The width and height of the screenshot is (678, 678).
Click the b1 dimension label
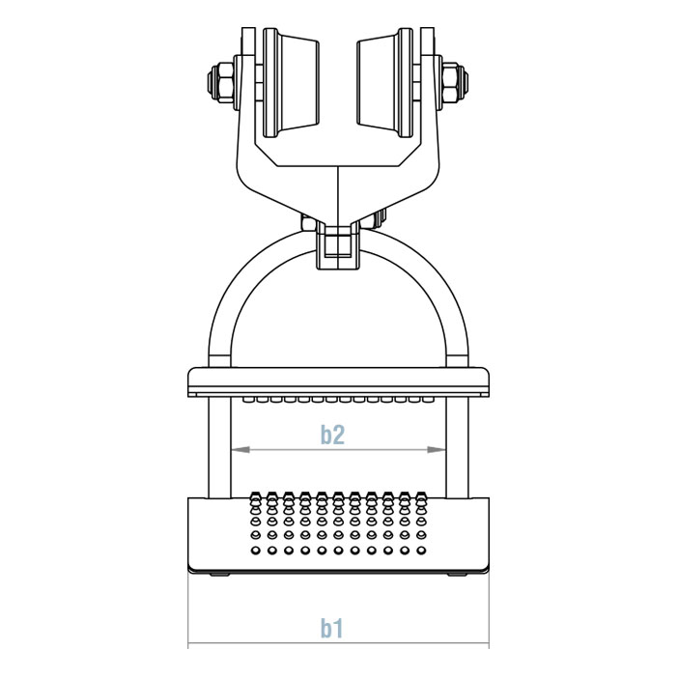332,629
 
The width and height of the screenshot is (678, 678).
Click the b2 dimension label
332,436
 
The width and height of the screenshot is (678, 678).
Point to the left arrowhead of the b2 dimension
234,449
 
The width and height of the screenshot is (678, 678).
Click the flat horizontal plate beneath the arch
337,381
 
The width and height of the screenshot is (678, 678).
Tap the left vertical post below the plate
219,444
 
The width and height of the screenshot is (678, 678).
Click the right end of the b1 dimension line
489,644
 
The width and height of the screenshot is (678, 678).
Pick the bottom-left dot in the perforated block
255,551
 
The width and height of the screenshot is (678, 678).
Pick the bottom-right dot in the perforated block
421,551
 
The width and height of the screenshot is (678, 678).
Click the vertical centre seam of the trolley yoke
337,193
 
